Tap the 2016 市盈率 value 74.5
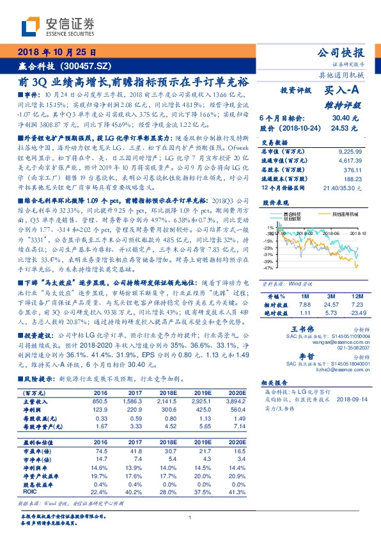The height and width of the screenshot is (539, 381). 100,451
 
